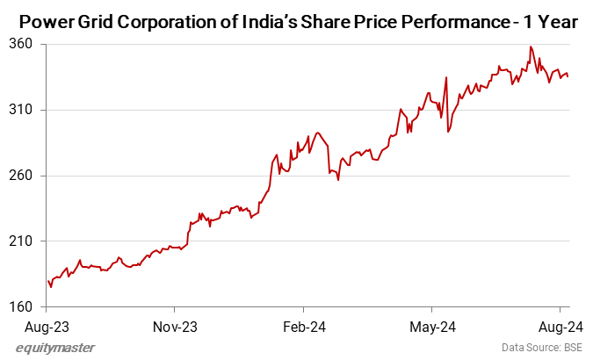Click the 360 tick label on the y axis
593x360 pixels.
(21, 44)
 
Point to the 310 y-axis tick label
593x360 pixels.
(21, 110)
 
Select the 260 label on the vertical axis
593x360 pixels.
(21, 176)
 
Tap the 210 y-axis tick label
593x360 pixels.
(21, 241)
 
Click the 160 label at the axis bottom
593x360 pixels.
(21, 307)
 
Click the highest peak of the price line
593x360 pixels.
(531, 47)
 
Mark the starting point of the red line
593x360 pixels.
(47, 281)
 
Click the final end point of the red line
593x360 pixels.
(568, 77)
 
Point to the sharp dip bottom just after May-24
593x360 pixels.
(448, 132)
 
